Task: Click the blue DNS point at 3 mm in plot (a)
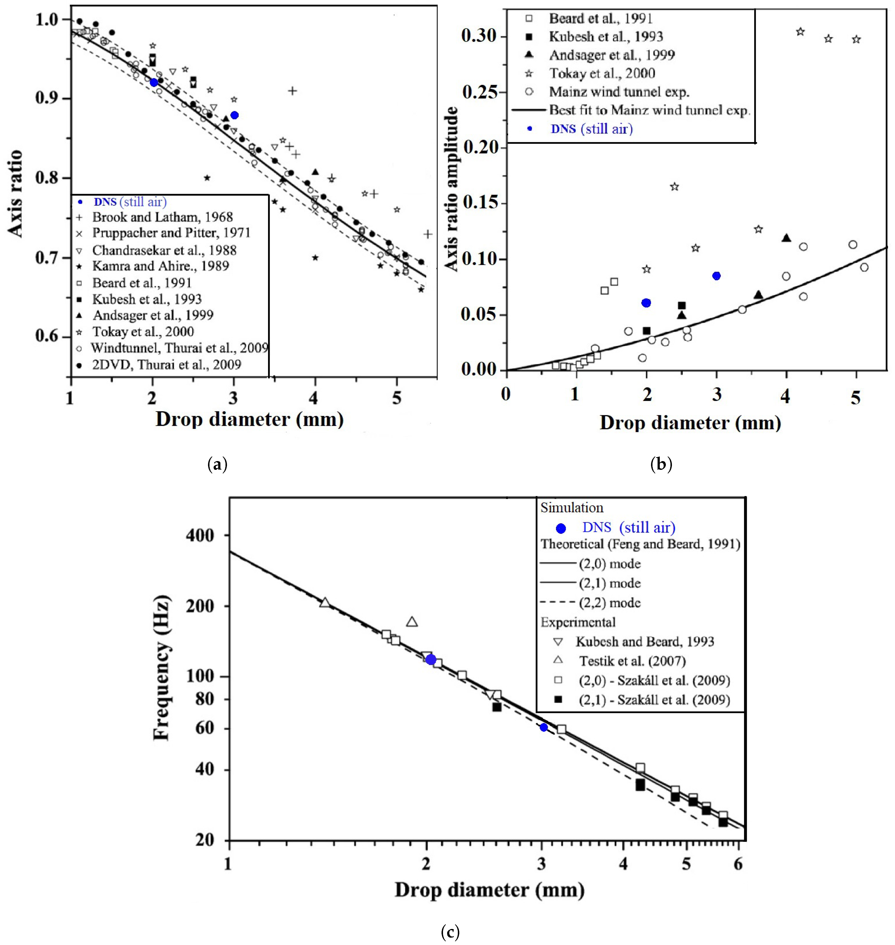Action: click(x=234, y=115)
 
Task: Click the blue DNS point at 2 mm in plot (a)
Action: click(x=154, y=83)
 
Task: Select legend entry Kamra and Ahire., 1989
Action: click(x=160, y=266)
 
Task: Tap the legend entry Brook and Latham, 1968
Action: click(x=162, y=217)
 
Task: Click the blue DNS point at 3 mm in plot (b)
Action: click(x=716, y=276)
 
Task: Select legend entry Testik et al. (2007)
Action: click(x=632, y=661)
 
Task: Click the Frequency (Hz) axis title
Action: click(x=161, y=667)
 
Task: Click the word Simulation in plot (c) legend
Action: click(x=572, y=508)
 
